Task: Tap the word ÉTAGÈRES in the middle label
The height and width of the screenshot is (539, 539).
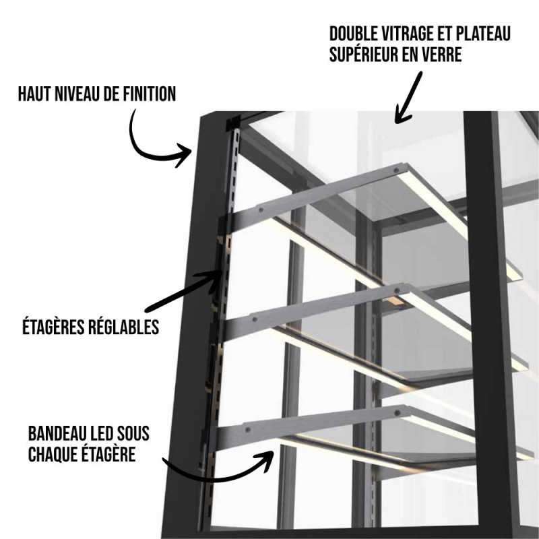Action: (51, 327)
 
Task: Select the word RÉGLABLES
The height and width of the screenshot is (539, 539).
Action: (125, 327)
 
